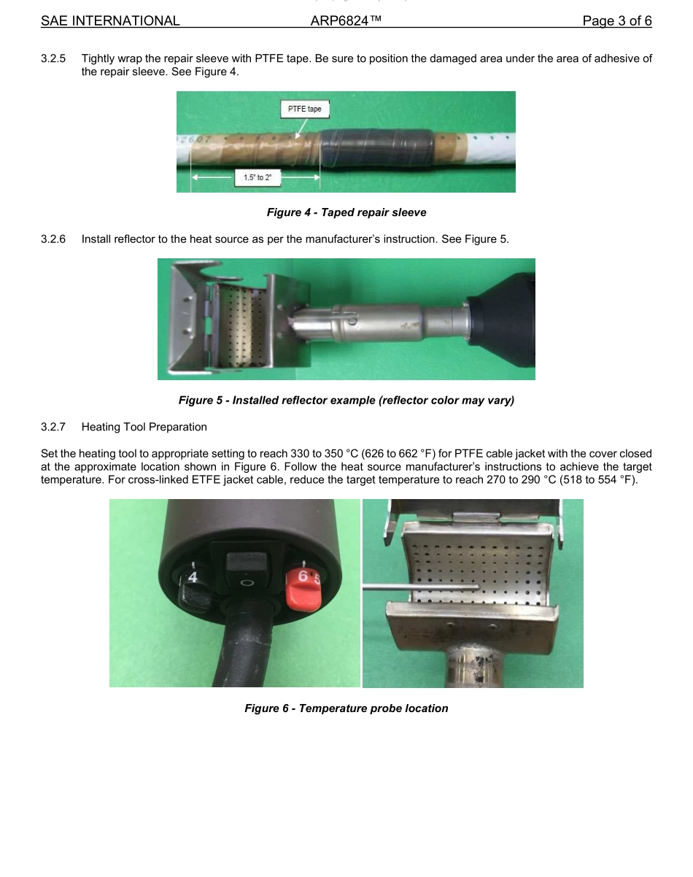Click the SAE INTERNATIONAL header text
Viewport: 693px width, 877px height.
(110, 21)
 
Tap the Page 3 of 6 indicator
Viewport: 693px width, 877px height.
(616, 21)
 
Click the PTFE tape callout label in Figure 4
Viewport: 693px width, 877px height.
(304, 109)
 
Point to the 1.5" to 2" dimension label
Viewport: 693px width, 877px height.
(257, 177)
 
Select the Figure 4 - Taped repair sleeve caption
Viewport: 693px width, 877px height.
(346, 212)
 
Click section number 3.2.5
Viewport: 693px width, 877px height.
(53, 58)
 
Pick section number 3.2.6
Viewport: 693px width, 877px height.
(53, 239)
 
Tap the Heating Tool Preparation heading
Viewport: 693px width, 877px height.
(144, 427)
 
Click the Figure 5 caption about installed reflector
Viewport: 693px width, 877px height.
(346, 401)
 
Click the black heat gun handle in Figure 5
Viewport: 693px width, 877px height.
(503, 319)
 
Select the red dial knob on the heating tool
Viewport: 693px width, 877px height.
(301, 588)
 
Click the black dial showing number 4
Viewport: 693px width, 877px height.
(193, 587)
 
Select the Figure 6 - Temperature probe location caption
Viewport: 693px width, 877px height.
(346, 708)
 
